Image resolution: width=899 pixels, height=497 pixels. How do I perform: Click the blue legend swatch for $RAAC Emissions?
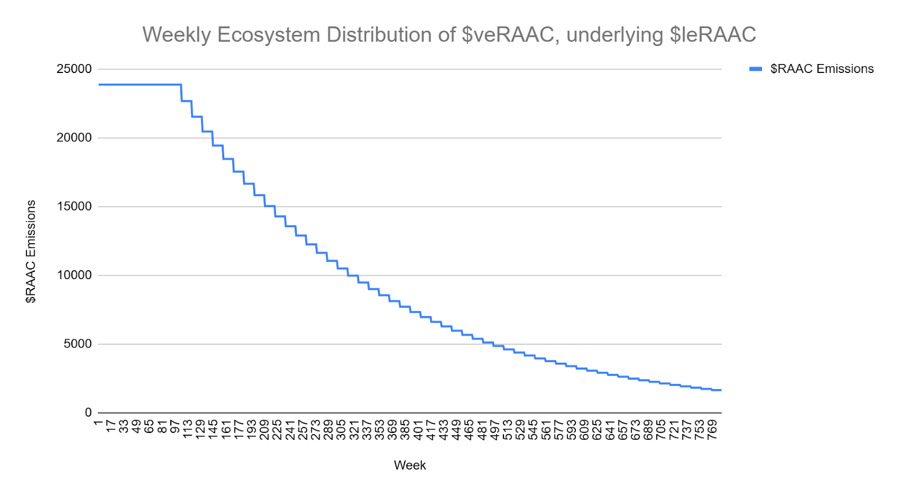[756, 69]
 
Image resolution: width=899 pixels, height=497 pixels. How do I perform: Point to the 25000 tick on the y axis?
[74, 69]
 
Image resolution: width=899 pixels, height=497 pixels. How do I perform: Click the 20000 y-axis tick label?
[74, 138]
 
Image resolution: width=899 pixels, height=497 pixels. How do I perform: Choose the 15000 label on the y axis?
[74, 207]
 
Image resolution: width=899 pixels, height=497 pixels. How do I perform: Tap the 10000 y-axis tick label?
[74, 275]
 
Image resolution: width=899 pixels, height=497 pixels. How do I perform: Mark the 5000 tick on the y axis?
[78, 344]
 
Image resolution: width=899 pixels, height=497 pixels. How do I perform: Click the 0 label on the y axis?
[88, 413]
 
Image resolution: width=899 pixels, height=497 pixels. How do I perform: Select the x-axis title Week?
[410, 465]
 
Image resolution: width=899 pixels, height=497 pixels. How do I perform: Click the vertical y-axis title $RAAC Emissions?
[31, 252]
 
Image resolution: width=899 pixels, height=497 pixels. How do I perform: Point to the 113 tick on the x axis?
[188, 428]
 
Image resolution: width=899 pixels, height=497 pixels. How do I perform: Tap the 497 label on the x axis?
[495, 428]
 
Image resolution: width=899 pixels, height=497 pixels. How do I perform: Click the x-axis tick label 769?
[712, 428]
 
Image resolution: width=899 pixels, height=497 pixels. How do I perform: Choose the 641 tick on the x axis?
[610, 428]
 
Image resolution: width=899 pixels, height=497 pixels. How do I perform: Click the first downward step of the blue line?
[181, 93]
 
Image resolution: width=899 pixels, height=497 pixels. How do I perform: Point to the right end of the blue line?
[721, 390]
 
